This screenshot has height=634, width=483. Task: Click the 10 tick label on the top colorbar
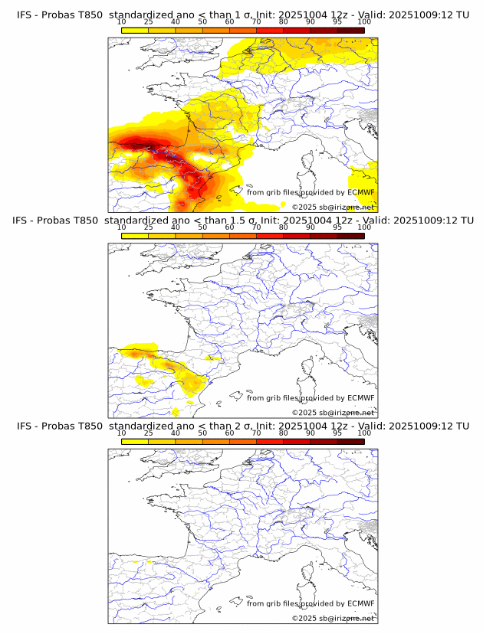122,22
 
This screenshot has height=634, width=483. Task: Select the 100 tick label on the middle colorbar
364,227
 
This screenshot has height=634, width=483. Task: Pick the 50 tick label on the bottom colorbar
202,433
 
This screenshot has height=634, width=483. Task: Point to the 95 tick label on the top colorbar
337,22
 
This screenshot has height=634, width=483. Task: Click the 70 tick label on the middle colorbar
257,227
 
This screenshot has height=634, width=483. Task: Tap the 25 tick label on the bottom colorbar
149,433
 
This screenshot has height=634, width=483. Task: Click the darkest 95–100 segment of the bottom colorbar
350,441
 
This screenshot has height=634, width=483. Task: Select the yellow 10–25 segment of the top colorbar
135,31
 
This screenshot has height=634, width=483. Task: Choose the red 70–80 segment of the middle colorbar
270,236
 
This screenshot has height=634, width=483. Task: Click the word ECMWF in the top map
360,192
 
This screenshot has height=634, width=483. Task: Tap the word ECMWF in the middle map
360,397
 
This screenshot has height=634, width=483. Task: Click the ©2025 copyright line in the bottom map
333,618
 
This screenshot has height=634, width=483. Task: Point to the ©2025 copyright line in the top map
333,208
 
